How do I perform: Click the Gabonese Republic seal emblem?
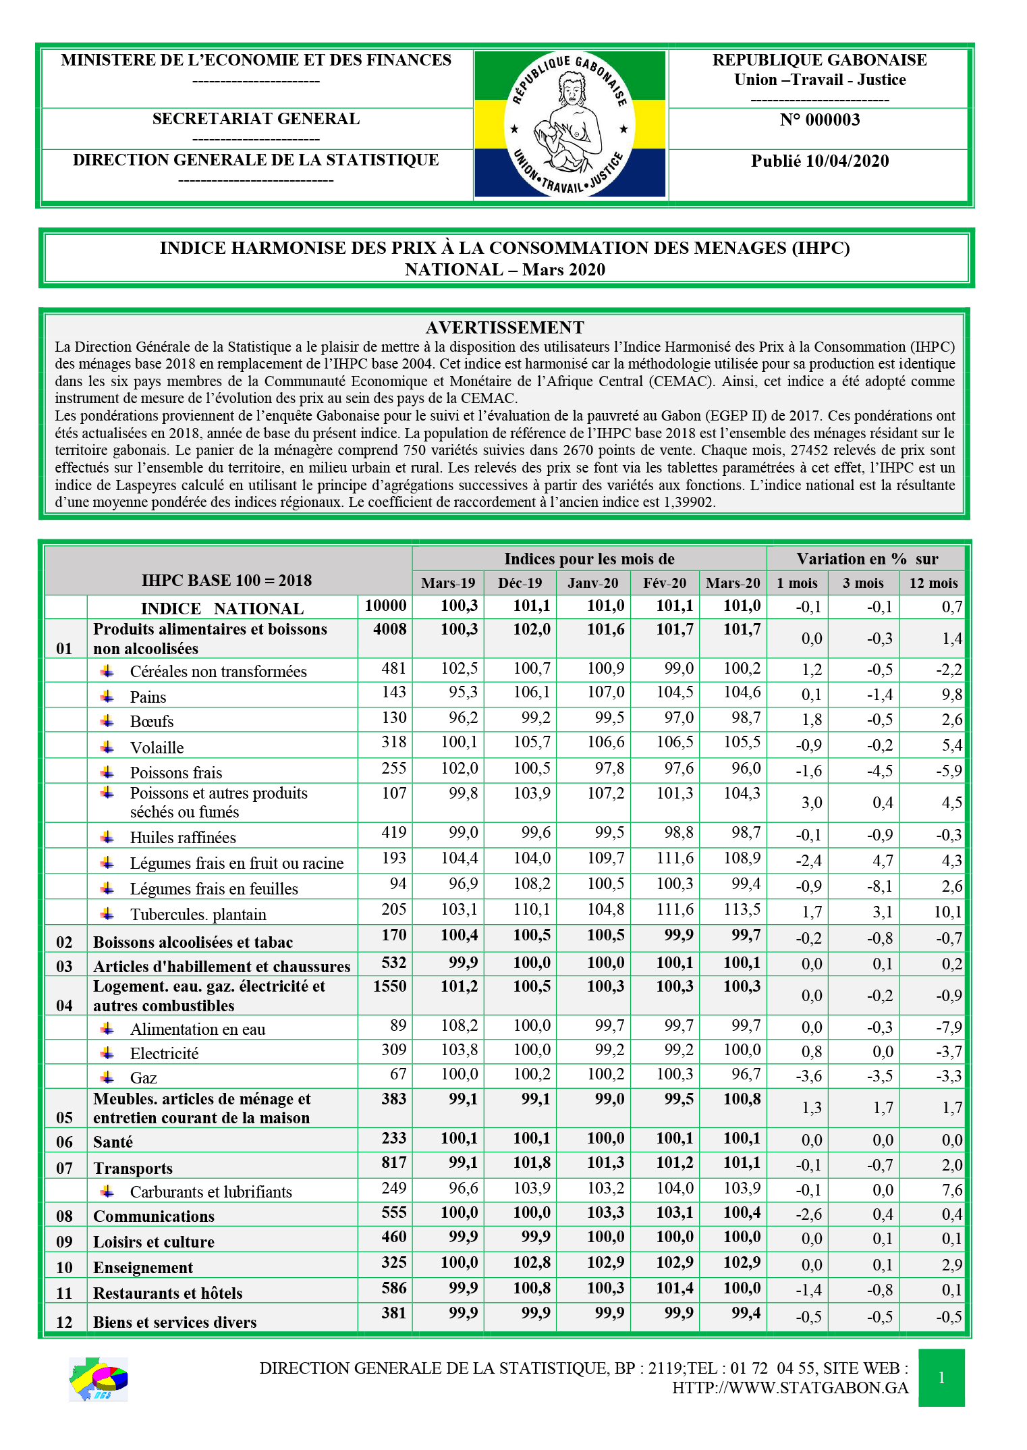(x=570, y=124)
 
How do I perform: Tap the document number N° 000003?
(x=819, y=120)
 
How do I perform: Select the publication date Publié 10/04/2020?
(x=819, y=161)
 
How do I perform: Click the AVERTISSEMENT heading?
(x=504, y=327)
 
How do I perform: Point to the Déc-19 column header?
(x=520, y=583)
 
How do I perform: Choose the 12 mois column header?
(x=933, y=583)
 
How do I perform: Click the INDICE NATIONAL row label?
(x=222, y=608)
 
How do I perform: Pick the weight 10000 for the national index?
(x=385, y=606)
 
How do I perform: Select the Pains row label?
(x=148, y=697)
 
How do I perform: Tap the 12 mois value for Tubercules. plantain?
(x=947, y=913)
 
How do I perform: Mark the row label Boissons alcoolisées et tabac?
(x=193, y=942)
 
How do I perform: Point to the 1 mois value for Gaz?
(x=808, y=1076)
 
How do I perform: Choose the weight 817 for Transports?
(x=393, y=1162)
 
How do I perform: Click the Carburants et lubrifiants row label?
(x=211, y=1192)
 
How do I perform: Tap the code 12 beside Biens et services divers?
(x=64, y=1322)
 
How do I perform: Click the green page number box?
(x=941, y=1378)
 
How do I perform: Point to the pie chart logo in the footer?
(x=99, y=1378)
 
